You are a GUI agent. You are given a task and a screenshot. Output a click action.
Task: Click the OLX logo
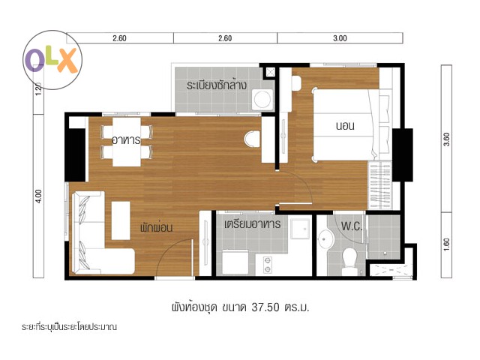pyautogui.click(x=52, y=60)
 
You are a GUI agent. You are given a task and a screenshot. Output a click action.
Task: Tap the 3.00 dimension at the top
pyautogui.click(x=340, y=38)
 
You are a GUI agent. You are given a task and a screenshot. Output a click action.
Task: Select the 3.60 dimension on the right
pyautogui.click(x=447, y=139)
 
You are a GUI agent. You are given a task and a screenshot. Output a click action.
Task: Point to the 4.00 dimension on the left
pyautogui.click(x=38, y=196)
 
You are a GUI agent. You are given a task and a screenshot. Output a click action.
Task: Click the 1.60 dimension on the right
pyautogui.click(x=447, y=245)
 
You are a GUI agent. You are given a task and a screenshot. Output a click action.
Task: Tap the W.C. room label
pyautogui.click(x=352, y=226)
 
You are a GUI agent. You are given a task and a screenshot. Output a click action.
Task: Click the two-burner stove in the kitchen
pyautogui.click(x=268, y=265)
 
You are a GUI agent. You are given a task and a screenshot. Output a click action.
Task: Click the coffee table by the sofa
pyautogui.click(x=121, y=220)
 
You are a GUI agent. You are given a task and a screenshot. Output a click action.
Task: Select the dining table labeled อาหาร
pyautogui.click(x=127, y=142)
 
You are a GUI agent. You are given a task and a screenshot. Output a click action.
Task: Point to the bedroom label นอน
pyautogui.click(x=345, y=126)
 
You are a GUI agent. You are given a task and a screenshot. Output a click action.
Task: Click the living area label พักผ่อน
pyautogui.click(x=157, y=227)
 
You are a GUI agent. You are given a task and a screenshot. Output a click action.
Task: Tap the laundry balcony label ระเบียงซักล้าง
pyautogui.click(x=217, y=85)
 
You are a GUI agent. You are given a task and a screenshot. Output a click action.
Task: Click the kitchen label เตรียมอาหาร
pyautogui.click(x=252, y=224)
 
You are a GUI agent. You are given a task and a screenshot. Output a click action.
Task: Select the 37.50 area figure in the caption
pyautogui.click(x=265, y=307)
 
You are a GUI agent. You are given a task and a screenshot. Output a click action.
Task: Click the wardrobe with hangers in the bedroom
pyautogui.click(x=379, y=185)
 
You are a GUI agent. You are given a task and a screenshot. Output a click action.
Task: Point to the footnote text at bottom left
pyautogui.click(x=69, y=327)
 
